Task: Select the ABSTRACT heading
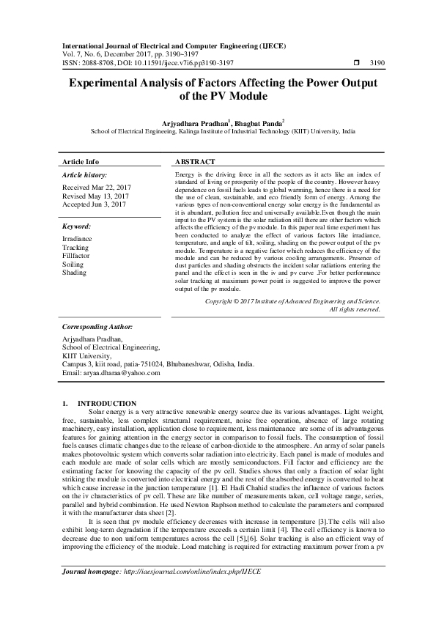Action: point(195,161)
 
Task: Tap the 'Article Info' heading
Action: point(81,161)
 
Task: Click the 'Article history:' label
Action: point(84,176)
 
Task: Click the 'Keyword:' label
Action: point(76,227)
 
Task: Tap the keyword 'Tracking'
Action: point(76,247)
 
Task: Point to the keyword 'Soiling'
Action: point(74,264)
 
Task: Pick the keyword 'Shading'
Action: point(75,273)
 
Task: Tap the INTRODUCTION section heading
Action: point(107,403)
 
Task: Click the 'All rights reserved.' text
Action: point(355,308)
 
